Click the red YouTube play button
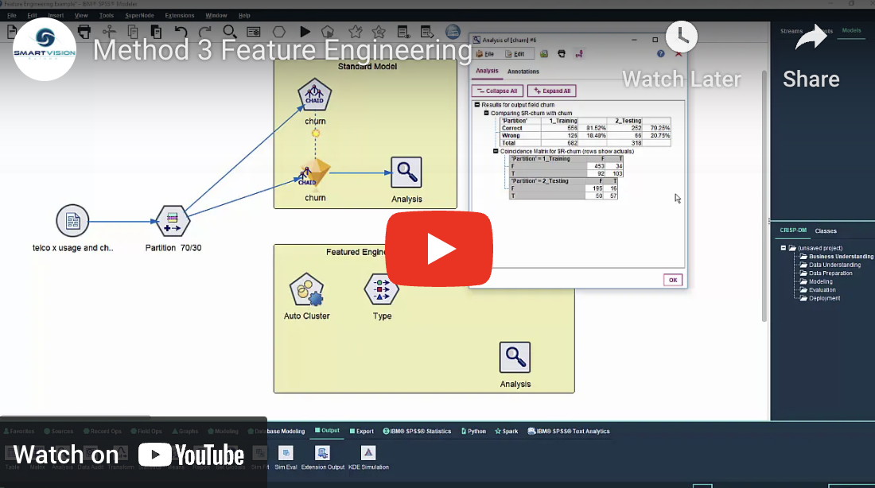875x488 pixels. tap(438, 249)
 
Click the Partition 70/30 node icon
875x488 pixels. tap(172, 221)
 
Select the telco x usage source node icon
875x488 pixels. tap(72, 221)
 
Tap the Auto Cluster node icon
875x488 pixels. tap(306, 290)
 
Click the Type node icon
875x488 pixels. tap(382, 289)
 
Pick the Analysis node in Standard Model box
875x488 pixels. tap(406, 172)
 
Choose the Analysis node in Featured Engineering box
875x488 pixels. tap(515, 357)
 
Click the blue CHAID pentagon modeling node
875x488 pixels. tap(315, 97)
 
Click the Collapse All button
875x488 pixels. tap(497, 91)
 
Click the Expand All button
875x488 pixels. tap(551, 91)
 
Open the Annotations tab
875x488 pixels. tap(523, 72)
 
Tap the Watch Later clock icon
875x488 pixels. tap(681, 37)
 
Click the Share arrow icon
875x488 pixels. tap(811, 37)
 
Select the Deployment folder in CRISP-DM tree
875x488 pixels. tap(824, 298)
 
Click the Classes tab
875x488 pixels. tap(825, 230)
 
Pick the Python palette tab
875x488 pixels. tap(476, 431)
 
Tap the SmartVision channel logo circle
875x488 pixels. tap(45, 49)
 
